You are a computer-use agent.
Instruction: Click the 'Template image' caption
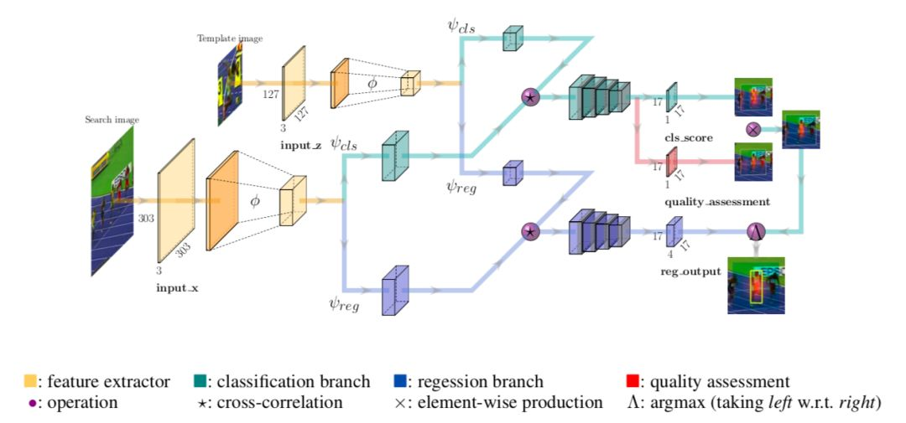pos(230,39)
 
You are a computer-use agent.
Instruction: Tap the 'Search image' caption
pos(112,120)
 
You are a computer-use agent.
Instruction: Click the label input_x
pos(177,286)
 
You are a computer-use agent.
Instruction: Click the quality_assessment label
pos(716,202)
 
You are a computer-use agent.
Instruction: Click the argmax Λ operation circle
pos(757,231)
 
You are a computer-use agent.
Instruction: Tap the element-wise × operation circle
pos(752,130)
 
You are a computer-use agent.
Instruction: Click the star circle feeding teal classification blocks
pos(530,97)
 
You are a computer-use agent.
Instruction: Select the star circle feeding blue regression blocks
pos(529,232)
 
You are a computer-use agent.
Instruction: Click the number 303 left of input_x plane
pos(146,219)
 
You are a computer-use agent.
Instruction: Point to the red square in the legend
pos(633,381)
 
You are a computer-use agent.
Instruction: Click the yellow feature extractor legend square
pos(30,381)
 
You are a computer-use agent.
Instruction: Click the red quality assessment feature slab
pos(671,162)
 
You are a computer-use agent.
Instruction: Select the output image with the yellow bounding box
pos(757,285)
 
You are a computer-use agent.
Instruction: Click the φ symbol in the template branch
pos(372,84)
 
